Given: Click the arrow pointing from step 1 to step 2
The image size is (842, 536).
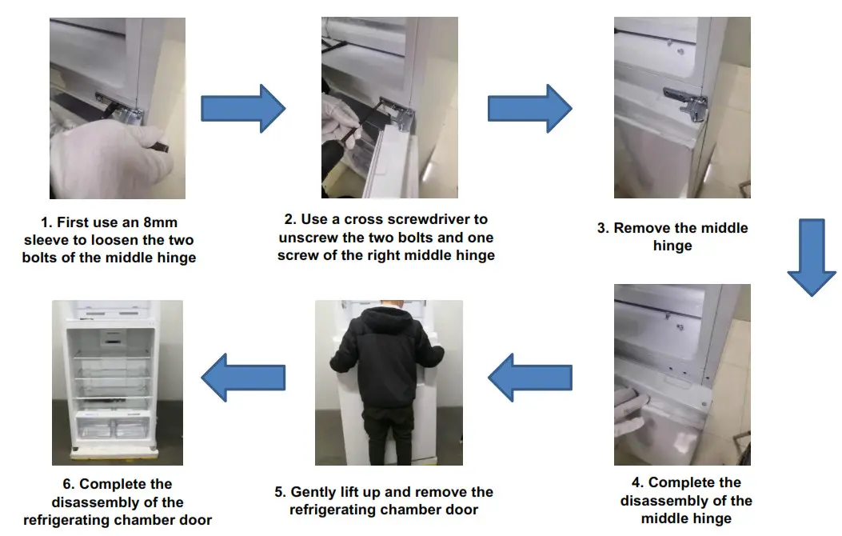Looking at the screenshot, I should click(x=241, y=108).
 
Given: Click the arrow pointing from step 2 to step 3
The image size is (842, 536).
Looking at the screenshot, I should click(x=529, y=108).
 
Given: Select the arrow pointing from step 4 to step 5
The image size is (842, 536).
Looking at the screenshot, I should click(x=529, y=377).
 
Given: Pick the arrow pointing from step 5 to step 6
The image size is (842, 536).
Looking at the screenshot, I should click(x=241, y=377).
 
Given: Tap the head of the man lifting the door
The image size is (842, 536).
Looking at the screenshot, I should click(x=389, y=310).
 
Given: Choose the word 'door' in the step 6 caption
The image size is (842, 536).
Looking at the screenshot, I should click(x=195, y=520).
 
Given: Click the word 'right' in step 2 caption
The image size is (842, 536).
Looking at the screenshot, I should click(x=403, y=256).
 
